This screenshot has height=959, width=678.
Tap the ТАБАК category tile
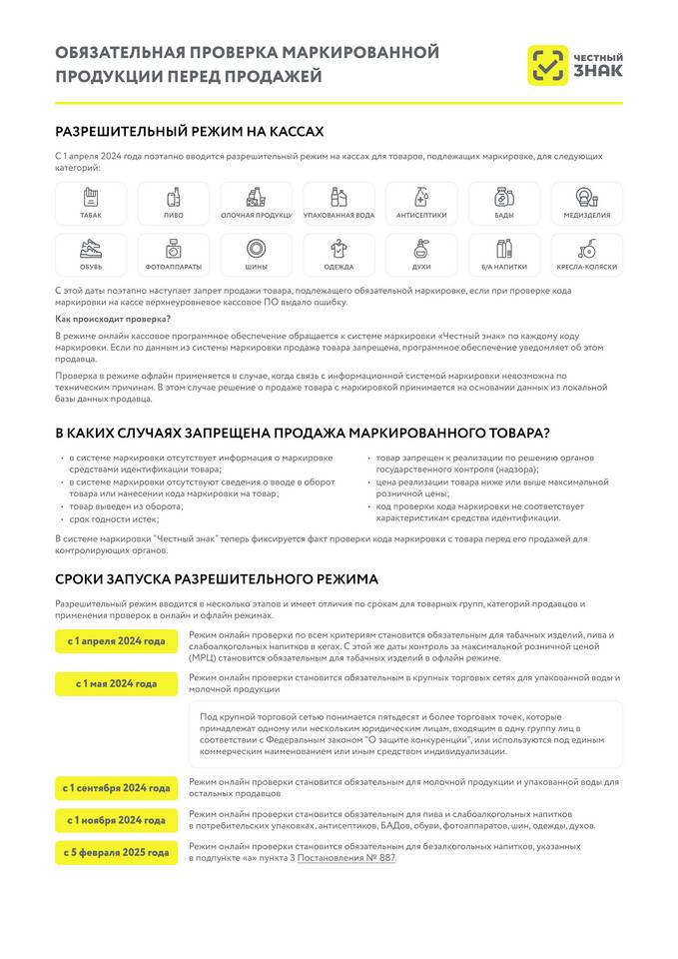[91, 203]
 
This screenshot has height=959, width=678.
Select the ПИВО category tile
[174, 203]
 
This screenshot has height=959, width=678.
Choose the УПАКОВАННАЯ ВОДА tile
[339, 203]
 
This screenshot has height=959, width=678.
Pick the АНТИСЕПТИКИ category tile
[421, 203]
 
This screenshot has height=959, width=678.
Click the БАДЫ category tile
[504, 203]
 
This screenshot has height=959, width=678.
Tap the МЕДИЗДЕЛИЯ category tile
[587, 203]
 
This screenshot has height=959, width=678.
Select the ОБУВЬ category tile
[91, 255]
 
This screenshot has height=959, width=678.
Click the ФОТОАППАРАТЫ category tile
[174, 255]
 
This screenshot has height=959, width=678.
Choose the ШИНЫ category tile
[257, 255]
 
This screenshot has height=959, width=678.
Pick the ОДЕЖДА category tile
[339, 255]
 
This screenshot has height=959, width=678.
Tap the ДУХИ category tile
[421, 255]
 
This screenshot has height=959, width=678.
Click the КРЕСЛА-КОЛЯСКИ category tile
[587, 255]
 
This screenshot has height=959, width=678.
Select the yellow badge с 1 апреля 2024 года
[117, 641]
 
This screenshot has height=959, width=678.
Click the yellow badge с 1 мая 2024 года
[117, 684]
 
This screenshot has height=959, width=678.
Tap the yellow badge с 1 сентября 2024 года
[117, 788]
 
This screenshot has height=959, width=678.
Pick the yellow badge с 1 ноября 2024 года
[117, 820]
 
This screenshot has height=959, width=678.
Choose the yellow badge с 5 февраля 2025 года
[117, 852]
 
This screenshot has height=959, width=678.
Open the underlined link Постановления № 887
[345, 857]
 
